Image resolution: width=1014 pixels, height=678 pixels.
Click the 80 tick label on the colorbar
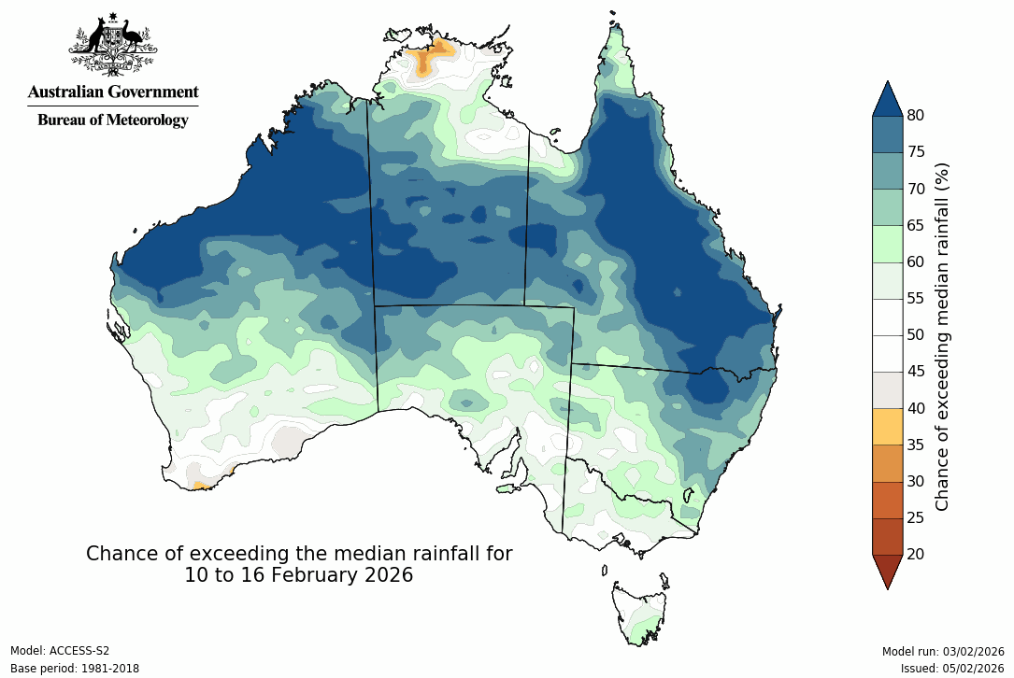point(916,116)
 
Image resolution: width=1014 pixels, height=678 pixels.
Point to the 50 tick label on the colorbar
point(916,335)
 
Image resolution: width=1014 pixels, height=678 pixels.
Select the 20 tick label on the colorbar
point(916,554)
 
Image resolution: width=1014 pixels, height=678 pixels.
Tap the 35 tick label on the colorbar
point(916,445)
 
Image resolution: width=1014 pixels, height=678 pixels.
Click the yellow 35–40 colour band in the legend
point(887,426)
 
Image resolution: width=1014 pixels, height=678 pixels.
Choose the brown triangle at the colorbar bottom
point(887,570)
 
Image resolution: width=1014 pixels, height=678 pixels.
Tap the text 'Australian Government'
point(112,92)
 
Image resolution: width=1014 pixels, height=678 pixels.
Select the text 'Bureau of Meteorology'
point(112,120)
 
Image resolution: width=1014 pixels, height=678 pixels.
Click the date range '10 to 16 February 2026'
point(298,575)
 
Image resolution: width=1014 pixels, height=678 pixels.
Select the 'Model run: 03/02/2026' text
point(942,651)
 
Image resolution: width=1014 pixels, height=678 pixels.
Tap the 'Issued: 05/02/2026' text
point(951,669)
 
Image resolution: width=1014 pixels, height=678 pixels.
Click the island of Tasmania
point(641,612)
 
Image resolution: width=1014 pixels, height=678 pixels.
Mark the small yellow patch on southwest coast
point(198,486)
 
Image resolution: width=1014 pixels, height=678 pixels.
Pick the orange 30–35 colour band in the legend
point(887,462)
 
